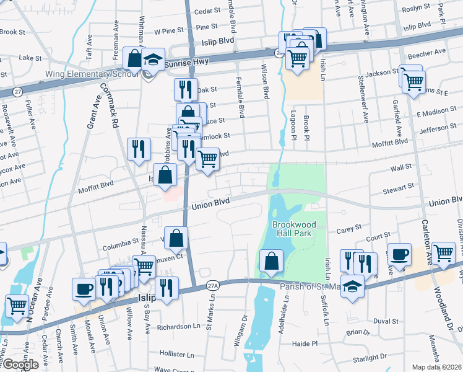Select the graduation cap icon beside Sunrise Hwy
[152, 60]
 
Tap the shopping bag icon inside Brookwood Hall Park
[271, 260]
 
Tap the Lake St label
[30, 58]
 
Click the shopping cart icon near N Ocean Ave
[16, 305]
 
